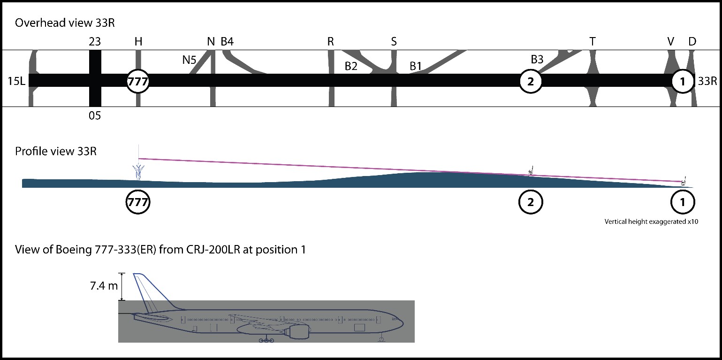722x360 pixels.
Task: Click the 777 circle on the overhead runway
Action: pyautogui.click(x=138, y=81)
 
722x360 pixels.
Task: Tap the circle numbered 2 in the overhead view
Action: pyautogui.click(x=531, y=81)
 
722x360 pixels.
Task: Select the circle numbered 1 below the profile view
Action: pyautogui.click(x=683, y=202)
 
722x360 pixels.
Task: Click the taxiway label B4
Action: pyautogui.click(x=227, y=42)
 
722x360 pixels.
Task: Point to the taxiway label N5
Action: pyautogui.click(x=190, y=60)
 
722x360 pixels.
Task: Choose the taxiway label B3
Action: pyautogui.click(x=537, y=60)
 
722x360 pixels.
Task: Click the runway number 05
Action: pyautogui.click(x=95, y=115)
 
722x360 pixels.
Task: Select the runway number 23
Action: pyautogui.click(x=95, y=42)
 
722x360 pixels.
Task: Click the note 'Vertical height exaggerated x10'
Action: pyautogui.click(x=652, y=222)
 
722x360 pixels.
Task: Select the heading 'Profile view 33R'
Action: pyautogui.click(x=56, y=152)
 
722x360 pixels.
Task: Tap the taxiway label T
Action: pyautogui.click(x=593, y=42)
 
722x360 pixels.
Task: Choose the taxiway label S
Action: pyautogui.click(x=394, y=42)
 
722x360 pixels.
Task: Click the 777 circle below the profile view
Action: pyautogui.click(x=138, y=202)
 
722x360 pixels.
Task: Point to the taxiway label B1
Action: pyautogui.click(x=416, y=66)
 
